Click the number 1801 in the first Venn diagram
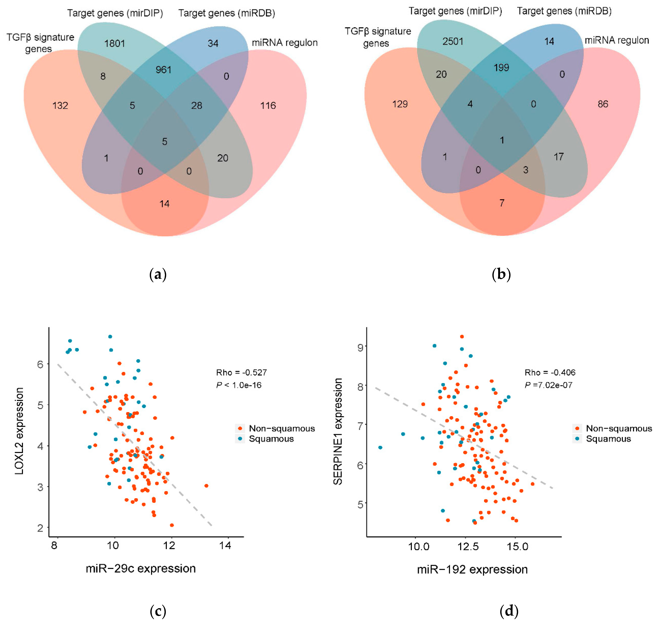115,43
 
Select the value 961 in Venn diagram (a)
163,70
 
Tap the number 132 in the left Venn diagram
60,106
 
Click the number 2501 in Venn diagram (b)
453,41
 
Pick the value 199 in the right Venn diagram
501,68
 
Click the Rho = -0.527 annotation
242,372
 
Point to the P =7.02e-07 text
548,385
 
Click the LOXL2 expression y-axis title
19,431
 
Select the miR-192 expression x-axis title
472,569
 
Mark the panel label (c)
158,611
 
